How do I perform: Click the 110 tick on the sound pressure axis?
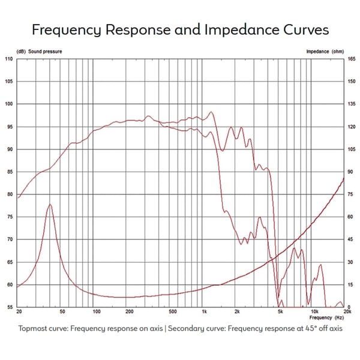9,59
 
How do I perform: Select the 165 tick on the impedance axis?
350,59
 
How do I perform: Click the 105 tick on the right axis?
350,149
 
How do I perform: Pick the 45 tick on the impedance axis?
350,239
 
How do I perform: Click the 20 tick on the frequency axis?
20,312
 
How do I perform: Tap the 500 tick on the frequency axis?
172,312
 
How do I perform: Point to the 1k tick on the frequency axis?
205,312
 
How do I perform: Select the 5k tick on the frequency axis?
280,312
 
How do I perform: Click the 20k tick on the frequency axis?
346,312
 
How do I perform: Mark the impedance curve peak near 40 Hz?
50,205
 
